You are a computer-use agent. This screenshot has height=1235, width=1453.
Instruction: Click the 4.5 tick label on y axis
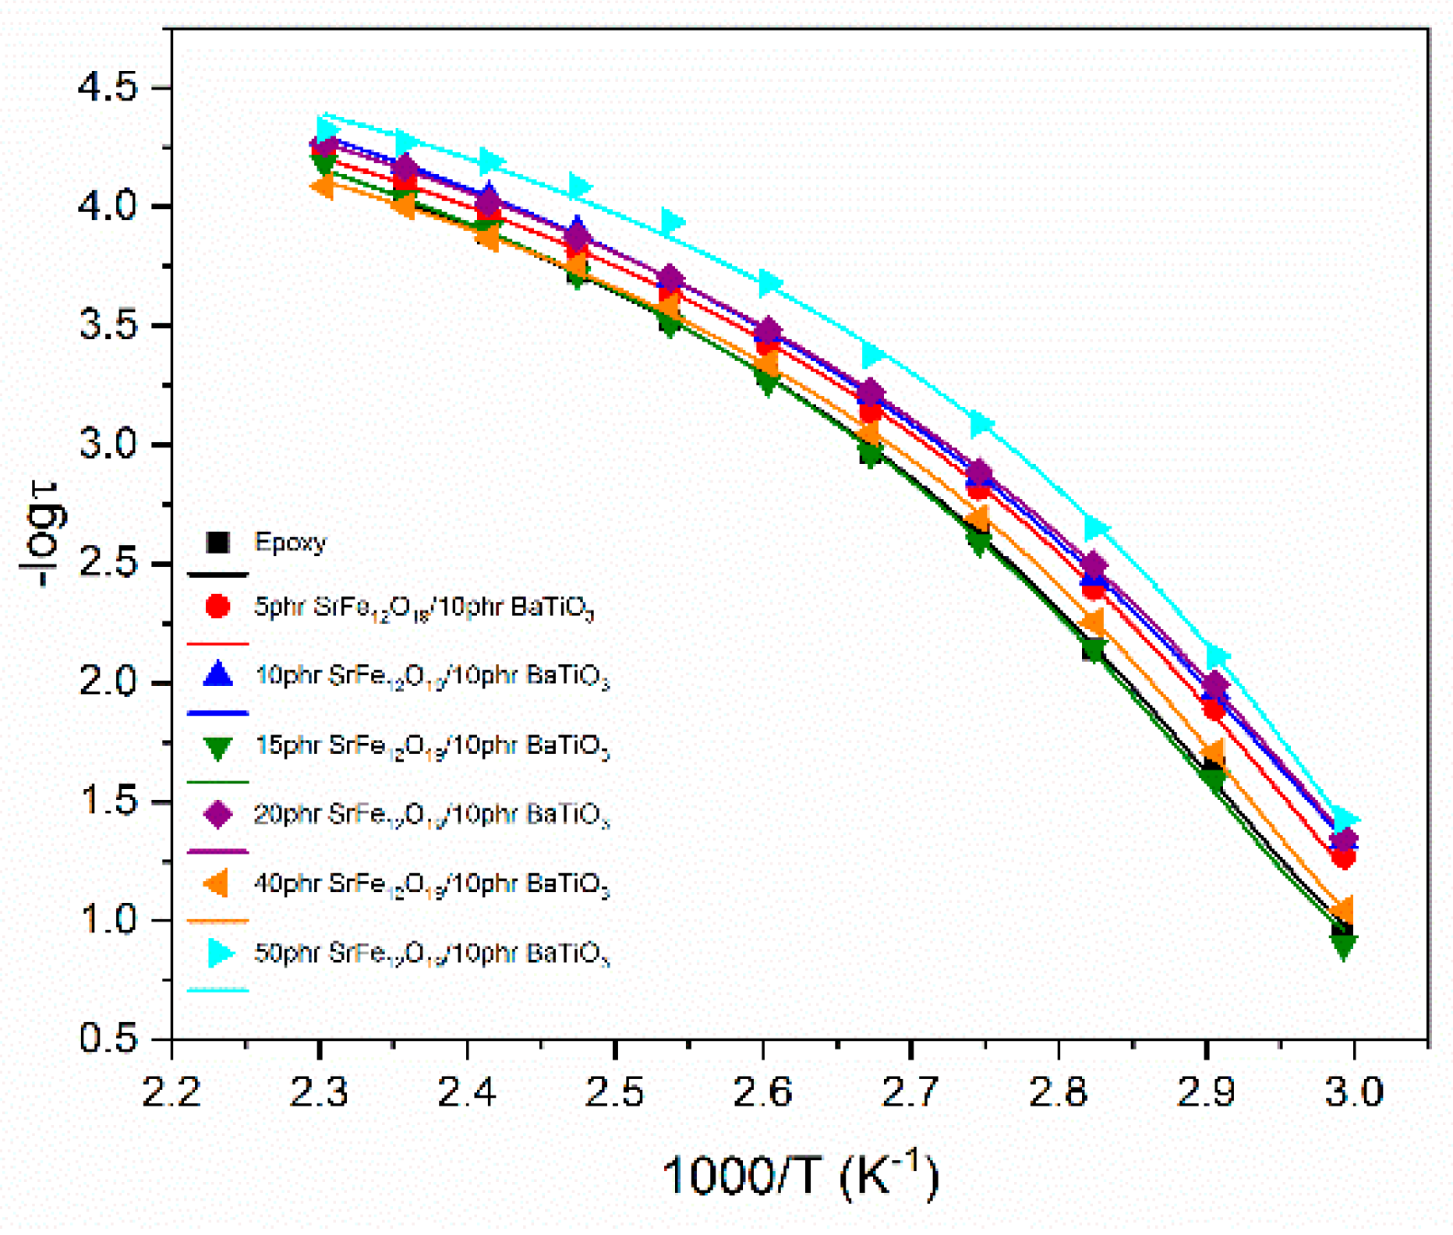108,87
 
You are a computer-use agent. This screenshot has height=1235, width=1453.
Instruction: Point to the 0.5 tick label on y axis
108,1039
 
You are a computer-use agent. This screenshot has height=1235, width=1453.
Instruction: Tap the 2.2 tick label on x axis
171,1092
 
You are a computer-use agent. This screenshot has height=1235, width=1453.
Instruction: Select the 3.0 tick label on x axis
1355,1092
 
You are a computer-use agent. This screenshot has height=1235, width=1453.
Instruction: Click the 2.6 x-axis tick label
763,1092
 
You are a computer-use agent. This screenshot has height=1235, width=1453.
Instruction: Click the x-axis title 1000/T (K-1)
800,1175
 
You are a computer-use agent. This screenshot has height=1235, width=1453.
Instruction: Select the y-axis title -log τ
43,534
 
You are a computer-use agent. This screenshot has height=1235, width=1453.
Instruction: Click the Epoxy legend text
290,542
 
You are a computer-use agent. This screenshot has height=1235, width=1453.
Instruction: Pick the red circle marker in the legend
217,607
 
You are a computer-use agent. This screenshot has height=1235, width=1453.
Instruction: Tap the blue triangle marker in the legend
217,674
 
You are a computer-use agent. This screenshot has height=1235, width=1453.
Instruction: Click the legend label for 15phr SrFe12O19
432,746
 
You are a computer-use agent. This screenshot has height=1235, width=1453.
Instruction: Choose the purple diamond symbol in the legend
217,814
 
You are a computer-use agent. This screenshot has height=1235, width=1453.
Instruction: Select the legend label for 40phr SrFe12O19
432,884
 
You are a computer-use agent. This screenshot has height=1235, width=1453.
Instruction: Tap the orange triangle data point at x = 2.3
322,187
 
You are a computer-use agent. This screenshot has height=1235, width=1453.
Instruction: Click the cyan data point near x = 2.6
769,284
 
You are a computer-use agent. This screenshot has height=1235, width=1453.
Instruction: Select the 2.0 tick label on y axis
108,683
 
